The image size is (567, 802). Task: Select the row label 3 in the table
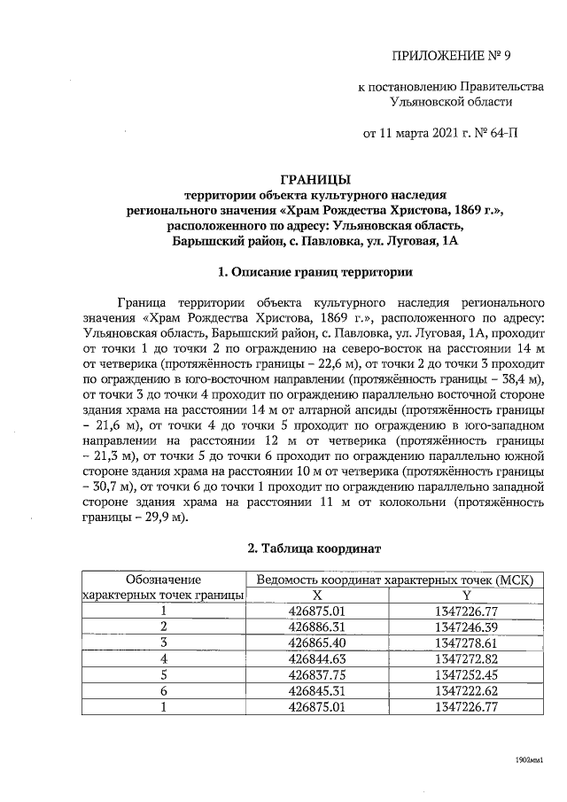tap(163, 642)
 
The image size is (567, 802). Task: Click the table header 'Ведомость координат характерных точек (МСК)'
tap(393, 580)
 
